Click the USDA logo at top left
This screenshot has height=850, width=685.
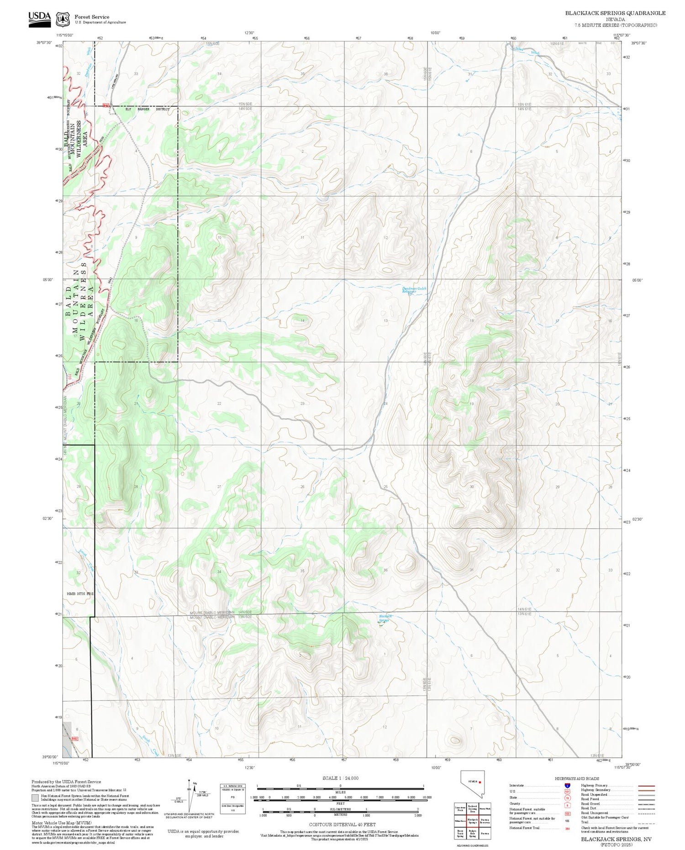(x=39, y=19)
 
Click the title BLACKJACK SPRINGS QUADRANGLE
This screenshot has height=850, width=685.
(x=615, y=13)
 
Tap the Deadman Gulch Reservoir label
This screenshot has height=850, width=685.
(x=414, y=290)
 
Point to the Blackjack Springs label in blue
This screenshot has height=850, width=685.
(x=385, y=618)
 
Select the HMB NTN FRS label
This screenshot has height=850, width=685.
(x=80, y=593)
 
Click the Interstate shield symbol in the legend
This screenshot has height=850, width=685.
(x=567, y=785)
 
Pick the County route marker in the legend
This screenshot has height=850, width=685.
(x=567, y=805)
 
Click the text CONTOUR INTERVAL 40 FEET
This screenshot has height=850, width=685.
(x=342, y=824)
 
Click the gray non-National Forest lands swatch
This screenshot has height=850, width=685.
(x=35, y=798)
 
